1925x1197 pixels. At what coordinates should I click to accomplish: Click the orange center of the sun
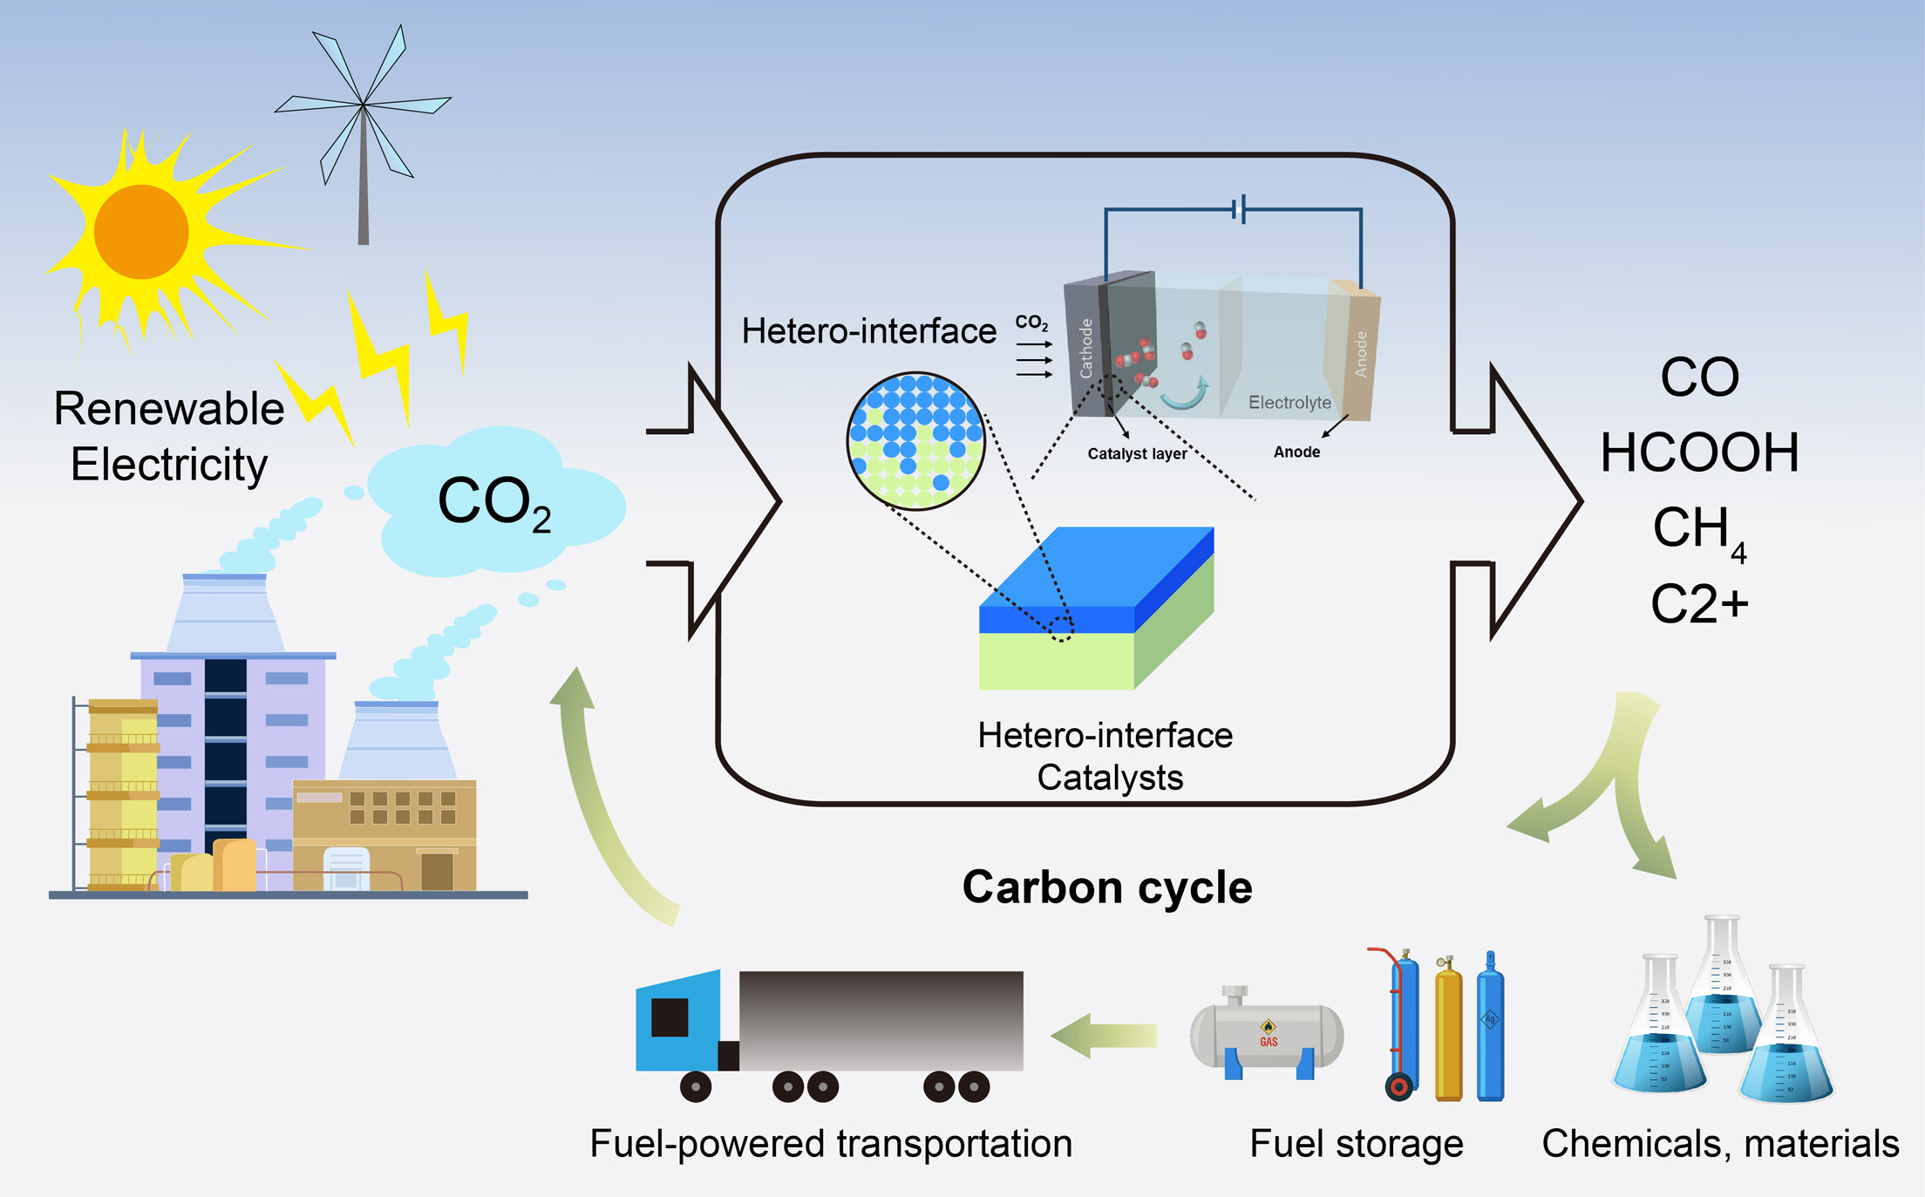pos(141,232)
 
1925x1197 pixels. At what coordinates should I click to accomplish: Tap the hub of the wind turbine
pos(363,105)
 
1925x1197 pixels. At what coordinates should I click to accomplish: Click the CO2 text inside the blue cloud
pos(493,503)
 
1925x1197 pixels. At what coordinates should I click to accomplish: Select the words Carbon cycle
pos(1107,888)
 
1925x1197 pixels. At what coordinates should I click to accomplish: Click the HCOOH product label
pos(1699,453)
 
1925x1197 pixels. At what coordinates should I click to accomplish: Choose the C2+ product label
pos(1699,603)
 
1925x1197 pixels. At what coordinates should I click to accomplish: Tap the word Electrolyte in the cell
pos(1289,403)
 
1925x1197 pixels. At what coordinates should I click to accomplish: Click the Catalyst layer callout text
pos(1137,453)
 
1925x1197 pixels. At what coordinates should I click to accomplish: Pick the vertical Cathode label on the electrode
pos(1086,348)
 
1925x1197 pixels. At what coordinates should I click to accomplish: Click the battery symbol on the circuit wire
pos(1239,209)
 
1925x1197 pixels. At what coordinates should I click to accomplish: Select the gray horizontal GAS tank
pos(1267,1036)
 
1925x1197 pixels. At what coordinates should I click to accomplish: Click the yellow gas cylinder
pos(1448,1033)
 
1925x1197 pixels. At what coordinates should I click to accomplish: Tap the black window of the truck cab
pos(670,1017)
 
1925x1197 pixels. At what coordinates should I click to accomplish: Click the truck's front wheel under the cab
pos(695,1087)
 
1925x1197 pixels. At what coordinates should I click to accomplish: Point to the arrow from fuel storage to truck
pos(1104,1036)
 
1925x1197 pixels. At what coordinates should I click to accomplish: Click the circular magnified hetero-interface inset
pos(915,440)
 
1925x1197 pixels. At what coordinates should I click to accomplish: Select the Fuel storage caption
pos(1356,1144)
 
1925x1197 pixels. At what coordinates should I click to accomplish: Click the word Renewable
pos(169,409)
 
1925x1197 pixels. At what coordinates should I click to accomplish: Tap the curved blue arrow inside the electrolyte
pos(1186,396)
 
